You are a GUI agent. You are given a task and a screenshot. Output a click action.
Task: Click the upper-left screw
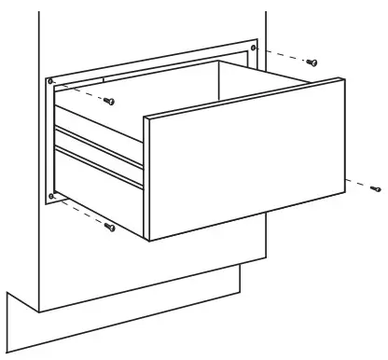click(x=109, y=100)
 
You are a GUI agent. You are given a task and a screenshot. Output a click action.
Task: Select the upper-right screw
click(x=312, y=62)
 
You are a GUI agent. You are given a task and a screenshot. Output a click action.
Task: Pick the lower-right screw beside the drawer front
click(x=375, y=188)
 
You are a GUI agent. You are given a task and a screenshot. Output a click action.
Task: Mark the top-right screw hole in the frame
click(x=254, y=46)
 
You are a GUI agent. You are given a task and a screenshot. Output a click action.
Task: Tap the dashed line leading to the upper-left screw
click(x=82, y=93)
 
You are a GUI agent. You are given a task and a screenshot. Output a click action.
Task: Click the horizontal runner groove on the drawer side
click(x=98, y=154)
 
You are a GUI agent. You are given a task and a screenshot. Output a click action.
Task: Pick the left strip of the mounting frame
click(x=49, y=140)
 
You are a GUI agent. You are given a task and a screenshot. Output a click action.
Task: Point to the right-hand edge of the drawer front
click(x=341, y=140)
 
